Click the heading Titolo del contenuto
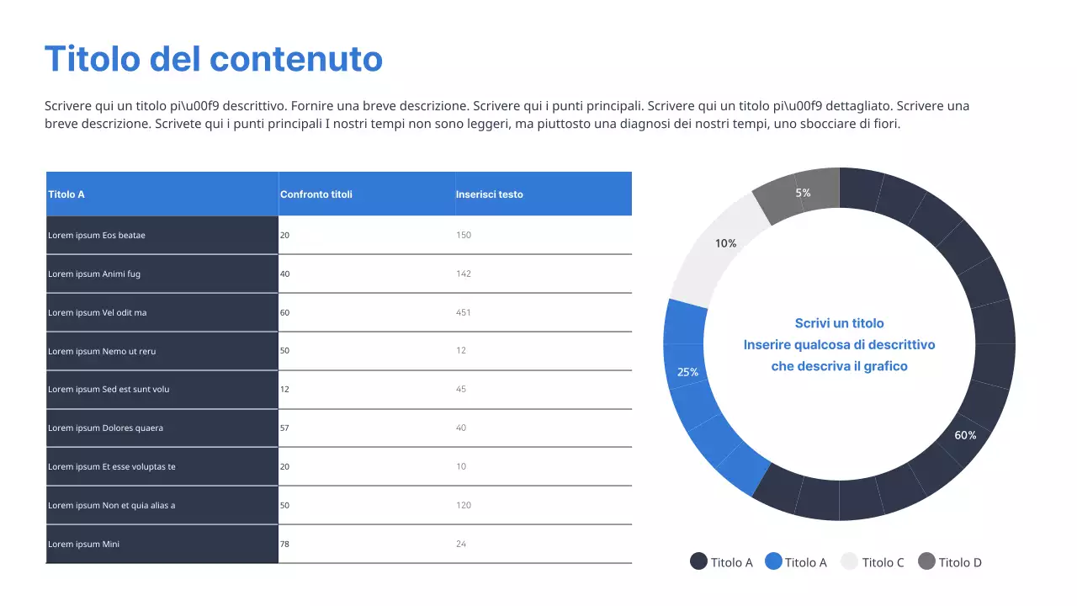pyautogui.click(x=213, y=59)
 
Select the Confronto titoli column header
pyautogui.click(x=316, y=194)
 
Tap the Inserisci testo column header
pyautogui.click(x=489, y=194)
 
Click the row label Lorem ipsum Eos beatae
pyautogui.click(x=97, y=236)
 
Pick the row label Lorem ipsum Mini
pyautogui.click(x=84, y=545)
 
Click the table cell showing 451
pyautogui.click(x=464, y=313)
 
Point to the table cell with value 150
pyautogui.click(x=464, y=236)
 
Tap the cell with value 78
pyautogui.click(x=284, y=545)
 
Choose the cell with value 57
pyautogui.click(x=284, y=428)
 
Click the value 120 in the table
pyautogui.click(x=464, y=506)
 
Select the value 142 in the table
pyautogui.click(x=464, y=274)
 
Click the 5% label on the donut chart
pyautogui.click(x=804, y=193)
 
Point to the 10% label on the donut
pyautogui.click(x=726, y=243)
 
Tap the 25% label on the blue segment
pyautogui.click(x=687, y=372)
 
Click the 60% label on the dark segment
pyautogui.click(x=965, y=435)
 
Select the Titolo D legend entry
pyautogui.click(x=960, y=562)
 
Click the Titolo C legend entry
pyautogui.click(x=883, y=562)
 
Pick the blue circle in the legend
pyautogui.click(x=773, y=561)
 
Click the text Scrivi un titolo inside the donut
pyautogui.click(x=839, y=323)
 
